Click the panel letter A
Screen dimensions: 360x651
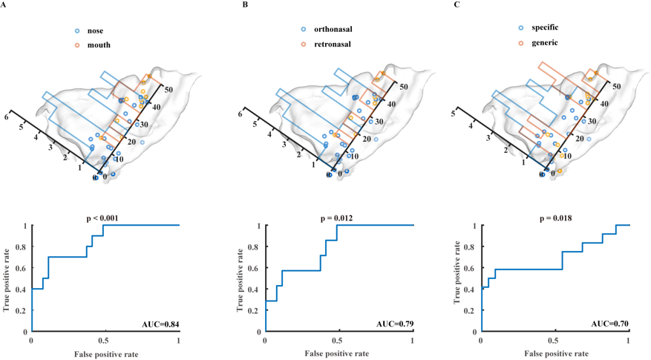[x=4, y=5]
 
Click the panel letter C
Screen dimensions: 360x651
[x=456, y=5]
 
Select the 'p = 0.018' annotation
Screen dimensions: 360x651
[x=554, y=218]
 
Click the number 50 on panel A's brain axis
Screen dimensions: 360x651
[x=169, y=89]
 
